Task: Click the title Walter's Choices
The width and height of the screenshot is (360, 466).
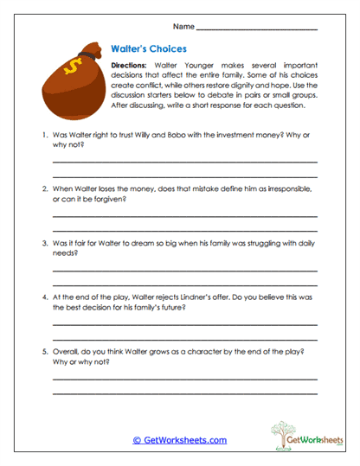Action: [x=150, y=49]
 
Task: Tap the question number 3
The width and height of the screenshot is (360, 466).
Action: [x=43, y=244]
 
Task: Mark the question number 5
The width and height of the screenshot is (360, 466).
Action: [x=43, y=352]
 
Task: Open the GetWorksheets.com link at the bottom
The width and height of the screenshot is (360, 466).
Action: [x=180, y=440]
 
